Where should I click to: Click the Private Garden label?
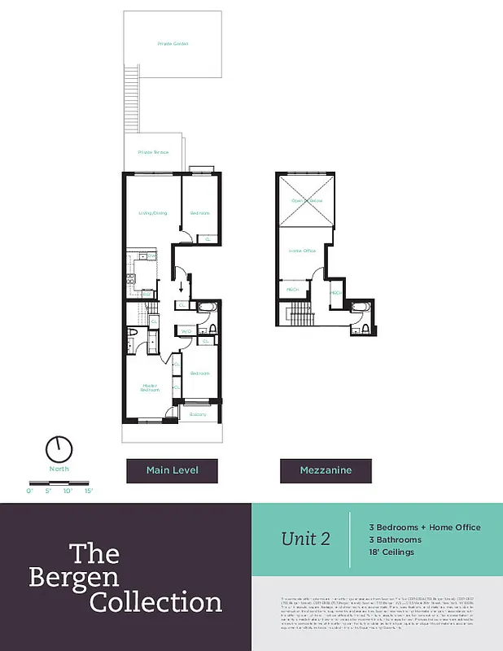coord(173,44)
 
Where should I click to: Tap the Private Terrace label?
coord(153,152)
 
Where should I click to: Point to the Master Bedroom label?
coord(150,387)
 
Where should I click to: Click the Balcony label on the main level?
coord(199,414)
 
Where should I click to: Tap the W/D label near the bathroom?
coord(186,332)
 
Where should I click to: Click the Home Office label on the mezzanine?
coord(302,251)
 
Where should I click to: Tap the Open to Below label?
coord(306,200)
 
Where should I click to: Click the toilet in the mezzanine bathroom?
coord(365,329)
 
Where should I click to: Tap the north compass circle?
coord(59,448)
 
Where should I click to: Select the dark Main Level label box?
coord(173,470)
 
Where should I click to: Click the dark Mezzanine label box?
coord(326,470)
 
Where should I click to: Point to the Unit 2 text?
coord(305,539)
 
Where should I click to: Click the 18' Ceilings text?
coord(391,553)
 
